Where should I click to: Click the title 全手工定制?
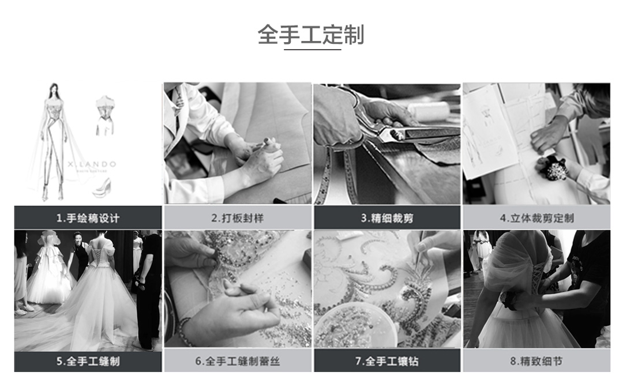(311, 35)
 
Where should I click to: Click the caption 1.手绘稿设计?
(88, 218)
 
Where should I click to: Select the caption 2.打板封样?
(237, 218)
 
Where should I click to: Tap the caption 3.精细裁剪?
(387, 218)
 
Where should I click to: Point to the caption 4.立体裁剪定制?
(537, 218)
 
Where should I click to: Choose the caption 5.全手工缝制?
(88, 361)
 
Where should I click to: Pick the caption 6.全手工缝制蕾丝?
(237, 361)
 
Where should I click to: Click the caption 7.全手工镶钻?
(387, 361)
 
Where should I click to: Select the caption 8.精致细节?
(537, 361)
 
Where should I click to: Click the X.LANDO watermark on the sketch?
(92, 164)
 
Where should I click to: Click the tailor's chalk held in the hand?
(268, 142)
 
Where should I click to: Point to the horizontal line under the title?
(312, 50)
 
